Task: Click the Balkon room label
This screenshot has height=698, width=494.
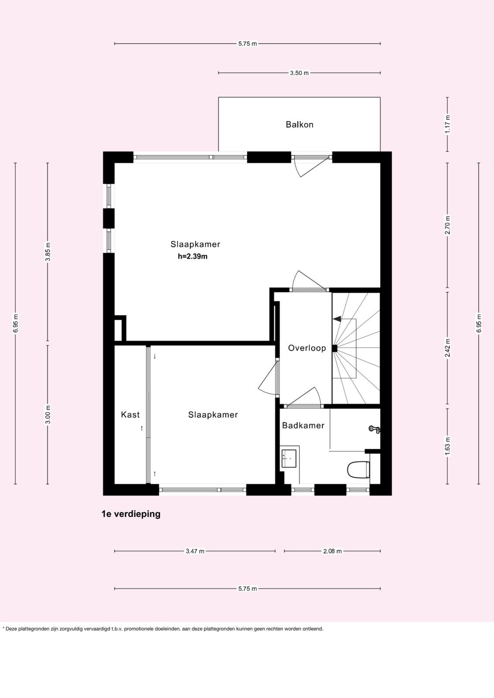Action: (299, 125)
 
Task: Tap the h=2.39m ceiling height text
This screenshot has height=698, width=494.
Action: (192, 257)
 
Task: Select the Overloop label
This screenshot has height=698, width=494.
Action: (307, 348)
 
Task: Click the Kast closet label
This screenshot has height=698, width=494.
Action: (130, 415)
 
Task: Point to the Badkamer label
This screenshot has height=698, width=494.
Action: (303, 425)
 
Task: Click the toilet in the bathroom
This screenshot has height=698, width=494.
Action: (358, 469)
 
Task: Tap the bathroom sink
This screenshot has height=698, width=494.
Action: (289, 458)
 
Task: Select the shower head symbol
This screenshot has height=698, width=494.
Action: (374, 429)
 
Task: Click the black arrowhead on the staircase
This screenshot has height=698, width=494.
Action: (337, 319)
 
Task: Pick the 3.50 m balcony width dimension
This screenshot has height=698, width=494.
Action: (299, 73)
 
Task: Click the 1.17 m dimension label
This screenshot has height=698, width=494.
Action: (448, 124)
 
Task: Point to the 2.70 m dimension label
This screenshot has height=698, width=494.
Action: (448, 225)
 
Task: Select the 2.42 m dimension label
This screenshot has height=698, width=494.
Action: (448, 348)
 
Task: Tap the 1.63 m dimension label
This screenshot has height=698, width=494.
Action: (448, 446)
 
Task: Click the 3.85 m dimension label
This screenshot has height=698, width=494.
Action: (48, 252)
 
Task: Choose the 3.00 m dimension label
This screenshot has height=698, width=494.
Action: (48, 415)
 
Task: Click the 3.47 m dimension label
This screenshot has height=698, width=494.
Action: (195, 551)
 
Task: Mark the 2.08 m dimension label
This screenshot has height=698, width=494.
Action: (332, 551)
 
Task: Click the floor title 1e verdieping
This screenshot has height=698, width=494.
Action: (131, 514)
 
